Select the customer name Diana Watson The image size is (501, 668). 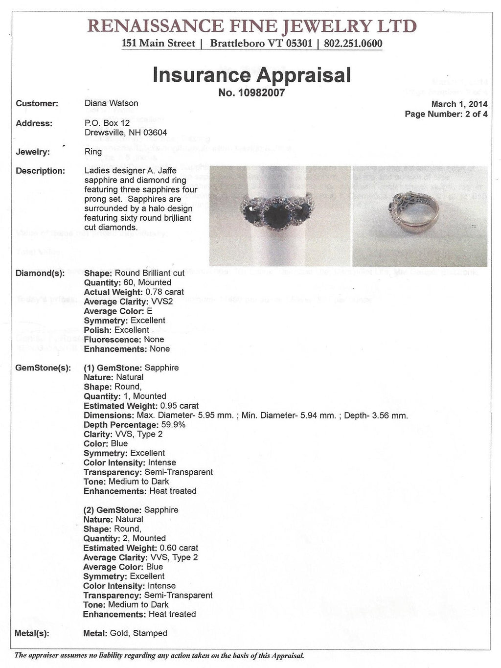111,103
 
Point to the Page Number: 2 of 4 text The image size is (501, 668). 446,114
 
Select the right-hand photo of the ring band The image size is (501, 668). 419,216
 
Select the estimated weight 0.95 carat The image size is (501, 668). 179,406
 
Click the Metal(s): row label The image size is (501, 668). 32,633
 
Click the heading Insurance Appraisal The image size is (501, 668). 251,75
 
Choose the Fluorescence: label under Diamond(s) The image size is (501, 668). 112,340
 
